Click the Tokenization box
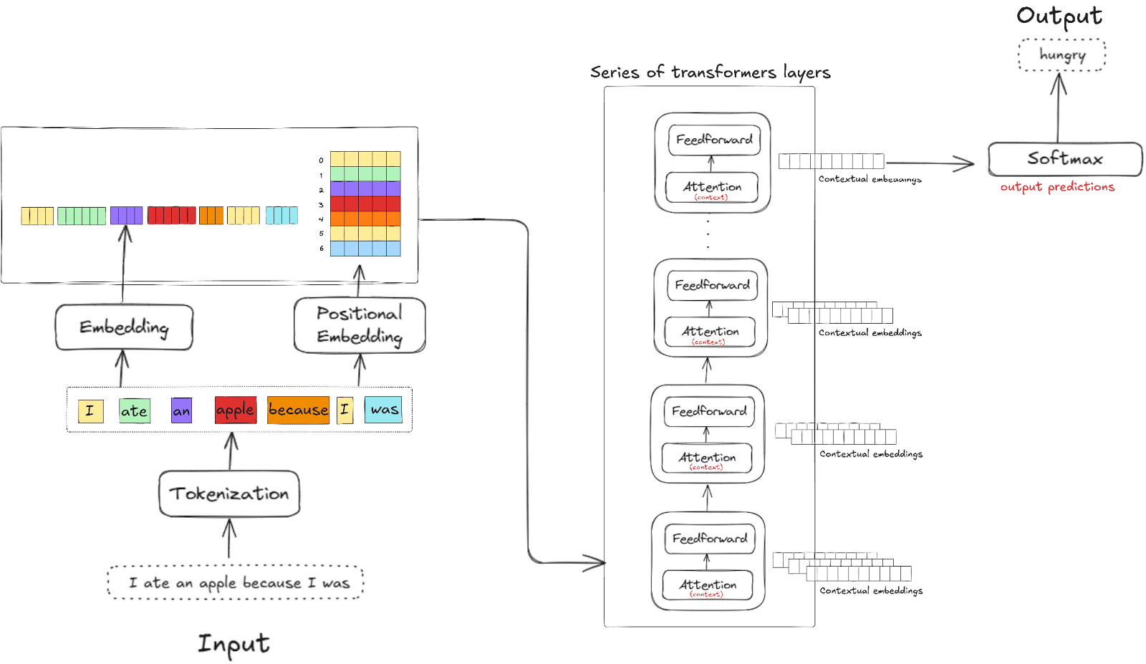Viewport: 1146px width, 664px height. (229, 494)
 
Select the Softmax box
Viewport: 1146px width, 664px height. (1064, 159)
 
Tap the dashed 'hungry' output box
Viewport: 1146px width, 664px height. (1062, 55)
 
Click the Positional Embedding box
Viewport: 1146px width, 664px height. (360, 325)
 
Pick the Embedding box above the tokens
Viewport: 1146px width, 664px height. (124, 327)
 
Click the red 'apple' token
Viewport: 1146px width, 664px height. (235, 410)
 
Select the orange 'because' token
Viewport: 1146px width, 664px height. (298, 410)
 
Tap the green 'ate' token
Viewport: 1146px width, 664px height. (134, 411)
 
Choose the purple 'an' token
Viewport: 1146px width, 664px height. (181, 411)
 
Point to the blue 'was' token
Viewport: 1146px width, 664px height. (384, 410)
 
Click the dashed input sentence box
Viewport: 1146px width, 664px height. (236, 582)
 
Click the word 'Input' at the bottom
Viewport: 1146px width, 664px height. (233, 643)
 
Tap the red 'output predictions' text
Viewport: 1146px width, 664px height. (1057, 187)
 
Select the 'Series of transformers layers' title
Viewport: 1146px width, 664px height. (710, 72)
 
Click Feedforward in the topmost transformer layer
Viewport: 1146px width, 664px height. (714, 140)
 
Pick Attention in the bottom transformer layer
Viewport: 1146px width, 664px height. (708, 585)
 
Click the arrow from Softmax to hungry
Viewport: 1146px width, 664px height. (1059, 107)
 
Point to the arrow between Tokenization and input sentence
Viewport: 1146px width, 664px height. (229, 539)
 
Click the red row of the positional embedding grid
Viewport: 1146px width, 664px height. (365, 203)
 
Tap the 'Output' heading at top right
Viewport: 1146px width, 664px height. (1059, 16)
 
